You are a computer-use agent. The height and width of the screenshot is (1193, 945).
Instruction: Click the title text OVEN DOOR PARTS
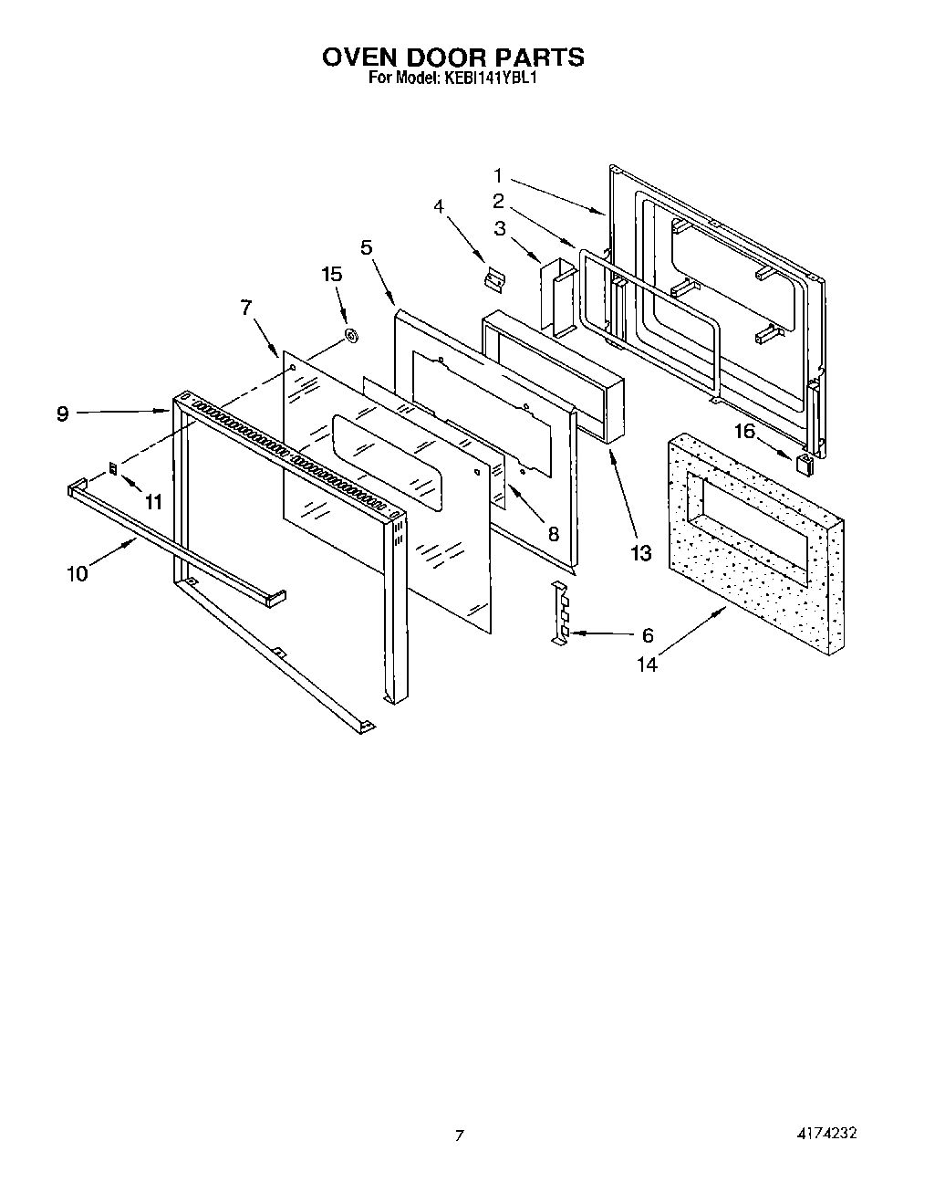(x=453, y=57)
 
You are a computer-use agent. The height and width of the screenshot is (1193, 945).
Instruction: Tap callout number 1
(x=499, y=174)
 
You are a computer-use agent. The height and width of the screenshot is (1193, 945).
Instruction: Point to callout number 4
(x=439, y=207)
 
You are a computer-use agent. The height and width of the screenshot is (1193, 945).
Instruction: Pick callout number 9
(x=62, y=413)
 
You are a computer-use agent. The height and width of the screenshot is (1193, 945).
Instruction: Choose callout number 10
(x=78, y=573)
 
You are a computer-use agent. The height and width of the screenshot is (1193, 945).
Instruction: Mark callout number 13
(x=641, y=552)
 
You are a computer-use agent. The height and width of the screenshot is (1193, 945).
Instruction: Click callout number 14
(x=647, y=665)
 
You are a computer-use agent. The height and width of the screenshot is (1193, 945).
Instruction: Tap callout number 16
(x=745, y=432)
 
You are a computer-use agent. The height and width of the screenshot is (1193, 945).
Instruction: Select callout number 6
(x=648, y=635)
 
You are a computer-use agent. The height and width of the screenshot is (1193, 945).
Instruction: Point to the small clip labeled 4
(x=496, y=278)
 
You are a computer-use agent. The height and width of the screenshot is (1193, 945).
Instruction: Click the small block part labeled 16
(x=803, y=463)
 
